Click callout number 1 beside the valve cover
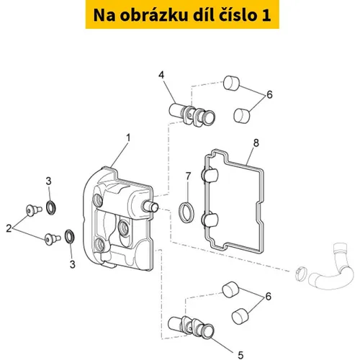(128, 138)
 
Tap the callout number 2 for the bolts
(9, 228)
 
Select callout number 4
(161, 75)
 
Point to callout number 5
(240, 355)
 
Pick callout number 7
(188, 176)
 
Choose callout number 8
(256, 143)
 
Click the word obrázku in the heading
(153, 15)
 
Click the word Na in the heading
(104, 15)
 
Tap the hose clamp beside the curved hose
(301, 273)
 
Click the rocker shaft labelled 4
(192, 114)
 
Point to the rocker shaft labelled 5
(191, 327)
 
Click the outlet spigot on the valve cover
(150, 207)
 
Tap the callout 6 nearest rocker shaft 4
(269, 94)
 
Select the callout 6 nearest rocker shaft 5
(269, 297)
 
